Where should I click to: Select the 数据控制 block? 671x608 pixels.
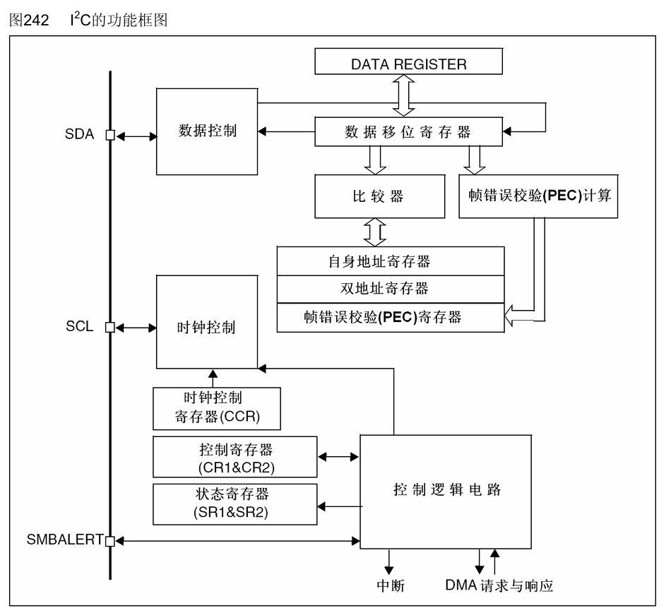tap(206, 131)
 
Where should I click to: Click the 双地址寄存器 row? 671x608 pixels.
tap(391, 289)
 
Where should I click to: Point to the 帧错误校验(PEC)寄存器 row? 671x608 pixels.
tap(391, 316)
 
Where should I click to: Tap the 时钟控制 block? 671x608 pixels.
tap(206, 328)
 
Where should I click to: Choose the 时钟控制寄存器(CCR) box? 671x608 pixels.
tap(217, 409)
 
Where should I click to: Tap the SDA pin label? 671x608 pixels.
tap(80, 135)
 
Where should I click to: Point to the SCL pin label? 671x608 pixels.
tap(81, 328)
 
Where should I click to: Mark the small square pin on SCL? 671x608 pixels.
tap(109, 328)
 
